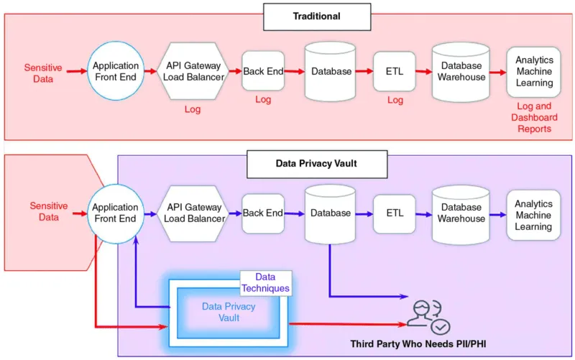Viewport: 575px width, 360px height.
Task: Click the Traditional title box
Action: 316,17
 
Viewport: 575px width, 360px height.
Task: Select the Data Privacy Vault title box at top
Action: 316,163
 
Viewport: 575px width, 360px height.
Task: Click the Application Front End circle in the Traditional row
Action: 116,72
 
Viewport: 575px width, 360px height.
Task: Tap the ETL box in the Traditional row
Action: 395,72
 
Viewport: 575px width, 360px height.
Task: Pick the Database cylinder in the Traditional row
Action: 331,72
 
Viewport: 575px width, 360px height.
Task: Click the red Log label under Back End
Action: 263,100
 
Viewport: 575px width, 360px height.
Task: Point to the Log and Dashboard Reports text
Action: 533,116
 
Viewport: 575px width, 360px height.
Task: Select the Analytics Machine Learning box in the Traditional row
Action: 533,73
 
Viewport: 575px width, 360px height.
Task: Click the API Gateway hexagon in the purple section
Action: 193,213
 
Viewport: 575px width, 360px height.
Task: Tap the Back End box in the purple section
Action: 263,213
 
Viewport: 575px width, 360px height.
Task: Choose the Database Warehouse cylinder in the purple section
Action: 462,213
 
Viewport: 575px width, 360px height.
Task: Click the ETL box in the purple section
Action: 395,213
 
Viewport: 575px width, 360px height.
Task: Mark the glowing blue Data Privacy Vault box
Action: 229,312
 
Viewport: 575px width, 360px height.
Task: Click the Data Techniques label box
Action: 266,282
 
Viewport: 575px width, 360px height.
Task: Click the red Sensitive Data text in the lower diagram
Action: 49,211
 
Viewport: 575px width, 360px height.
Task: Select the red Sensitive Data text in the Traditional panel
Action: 43,73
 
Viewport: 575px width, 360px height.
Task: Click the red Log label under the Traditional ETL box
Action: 395,100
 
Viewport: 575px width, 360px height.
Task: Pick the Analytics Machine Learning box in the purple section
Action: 533,215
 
